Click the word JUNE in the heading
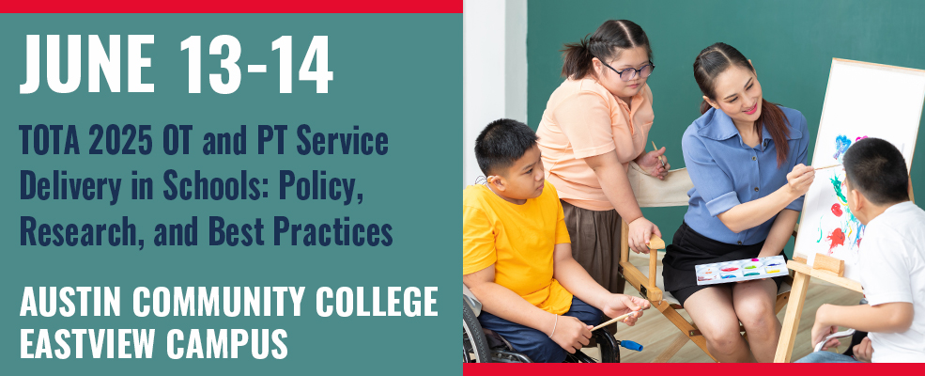pos(86,64)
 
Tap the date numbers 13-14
pos(256,64)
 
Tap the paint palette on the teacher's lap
pos(742,270)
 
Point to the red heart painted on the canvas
pos(837,210)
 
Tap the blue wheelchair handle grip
pos(631,345)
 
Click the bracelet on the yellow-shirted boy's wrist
pos(554,326)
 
